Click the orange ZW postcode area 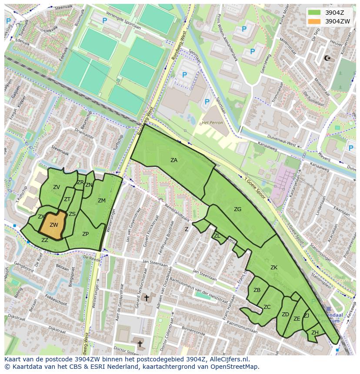(53, 225)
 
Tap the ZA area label (174, 160)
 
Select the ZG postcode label (237, 209)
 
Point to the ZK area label (274, 268)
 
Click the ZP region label (86, 234)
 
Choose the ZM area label (101, 201)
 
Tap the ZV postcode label (57, 187)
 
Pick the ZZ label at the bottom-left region (45, 240)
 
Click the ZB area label (257, 290)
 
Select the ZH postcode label (315, 333)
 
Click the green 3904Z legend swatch (314, 12)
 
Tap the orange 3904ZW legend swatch (314, 21)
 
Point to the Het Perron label (212, 123)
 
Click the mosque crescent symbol (327, 58)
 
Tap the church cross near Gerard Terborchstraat (147, 298)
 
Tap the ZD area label (285, 314)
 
